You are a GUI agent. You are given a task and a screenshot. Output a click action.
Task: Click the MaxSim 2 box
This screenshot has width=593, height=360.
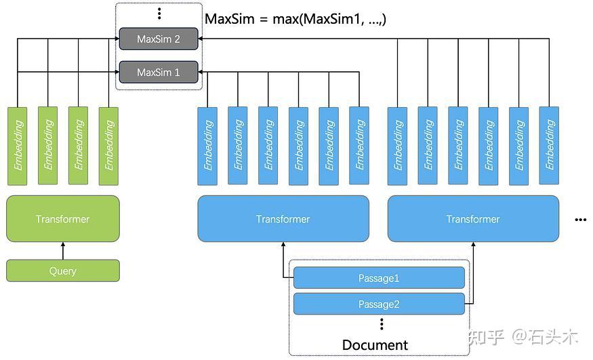(x=159, y=39)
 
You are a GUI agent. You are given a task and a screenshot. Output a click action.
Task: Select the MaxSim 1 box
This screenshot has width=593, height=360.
(x=159, y=71)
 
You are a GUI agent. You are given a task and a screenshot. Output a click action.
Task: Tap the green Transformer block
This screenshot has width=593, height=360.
(x=63, y=219)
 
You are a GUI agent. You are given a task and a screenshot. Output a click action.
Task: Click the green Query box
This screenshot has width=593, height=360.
(x=63, y=271)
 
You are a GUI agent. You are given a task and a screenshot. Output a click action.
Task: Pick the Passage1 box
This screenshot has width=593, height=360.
(x=379, y=278)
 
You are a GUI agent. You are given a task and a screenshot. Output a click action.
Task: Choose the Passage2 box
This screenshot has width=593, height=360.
(x=379, y=304)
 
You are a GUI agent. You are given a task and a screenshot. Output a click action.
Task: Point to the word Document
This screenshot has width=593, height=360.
(x=375, y=345)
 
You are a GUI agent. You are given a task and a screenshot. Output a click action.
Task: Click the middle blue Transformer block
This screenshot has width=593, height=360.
(x=283, y=219)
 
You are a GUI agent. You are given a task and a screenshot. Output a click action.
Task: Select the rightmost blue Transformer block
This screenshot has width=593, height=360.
(x=473, y=219)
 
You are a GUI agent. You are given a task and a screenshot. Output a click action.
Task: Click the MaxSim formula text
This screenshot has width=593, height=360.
(x=295, y=19)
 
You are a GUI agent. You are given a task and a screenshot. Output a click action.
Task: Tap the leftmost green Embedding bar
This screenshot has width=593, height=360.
(x=18, y=146)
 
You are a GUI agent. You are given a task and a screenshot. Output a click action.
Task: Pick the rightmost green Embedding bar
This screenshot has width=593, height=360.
(x=108, y=146)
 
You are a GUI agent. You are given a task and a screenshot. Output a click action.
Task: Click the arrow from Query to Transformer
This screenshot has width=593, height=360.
(x=63, y=251)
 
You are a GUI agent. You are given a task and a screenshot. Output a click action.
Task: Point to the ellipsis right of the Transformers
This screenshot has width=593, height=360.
(x=579, y=220)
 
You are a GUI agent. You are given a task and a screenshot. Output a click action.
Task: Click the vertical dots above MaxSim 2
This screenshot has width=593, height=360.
(x=159, y=14)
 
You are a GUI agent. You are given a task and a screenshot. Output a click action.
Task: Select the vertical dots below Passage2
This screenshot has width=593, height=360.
(x=382, y=323)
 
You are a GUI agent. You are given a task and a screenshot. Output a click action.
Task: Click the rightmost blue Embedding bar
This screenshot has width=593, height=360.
(x=549, y=146)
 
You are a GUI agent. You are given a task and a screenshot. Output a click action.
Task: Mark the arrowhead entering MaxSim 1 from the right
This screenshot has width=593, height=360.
(x=201, y=71)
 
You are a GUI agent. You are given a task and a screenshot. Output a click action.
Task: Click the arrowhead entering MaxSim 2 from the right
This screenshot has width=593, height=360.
(x=201, y=39)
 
